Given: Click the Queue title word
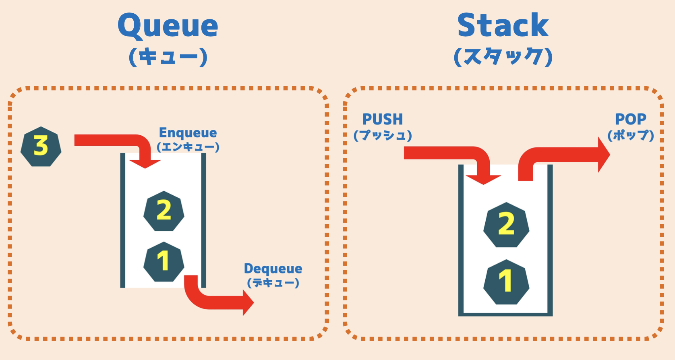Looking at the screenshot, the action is coord(168,27).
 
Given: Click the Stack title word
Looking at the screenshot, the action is coord(503,25).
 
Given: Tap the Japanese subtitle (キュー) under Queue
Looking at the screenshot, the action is coord(168,57).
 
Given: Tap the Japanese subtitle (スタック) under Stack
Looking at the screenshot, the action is coord(503,57).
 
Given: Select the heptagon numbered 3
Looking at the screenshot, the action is coord(41,147).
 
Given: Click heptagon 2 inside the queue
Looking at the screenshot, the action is coord(164,211).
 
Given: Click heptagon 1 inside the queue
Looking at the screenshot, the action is coord(164,262).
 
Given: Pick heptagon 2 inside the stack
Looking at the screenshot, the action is coord(506,225).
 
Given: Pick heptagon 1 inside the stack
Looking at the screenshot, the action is coord(506,282).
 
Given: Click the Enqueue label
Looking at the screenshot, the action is coord(188,133).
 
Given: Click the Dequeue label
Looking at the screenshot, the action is coord(273,269).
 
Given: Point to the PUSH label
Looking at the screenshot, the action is coord(383,119).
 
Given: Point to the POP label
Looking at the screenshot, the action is coord(631,119).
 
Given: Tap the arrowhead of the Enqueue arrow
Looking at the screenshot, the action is coord(145,164).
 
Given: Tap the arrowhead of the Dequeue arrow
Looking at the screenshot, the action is coord(248,302).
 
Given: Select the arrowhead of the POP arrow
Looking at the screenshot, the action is coord(604,155).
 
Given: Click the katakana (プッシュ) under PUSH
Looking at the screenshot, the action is coord(383,135).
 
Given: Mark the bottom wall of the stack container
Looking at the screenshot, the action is coord(506,314).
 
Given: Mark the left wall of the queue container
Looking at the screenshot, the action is coord(123,220).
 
